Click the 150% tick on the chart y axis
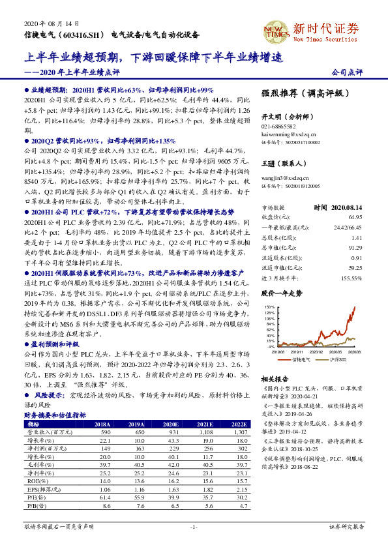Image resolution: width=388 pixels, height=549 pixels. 267,306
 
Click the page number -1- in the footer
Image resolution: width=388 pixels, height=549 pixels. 194,526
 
